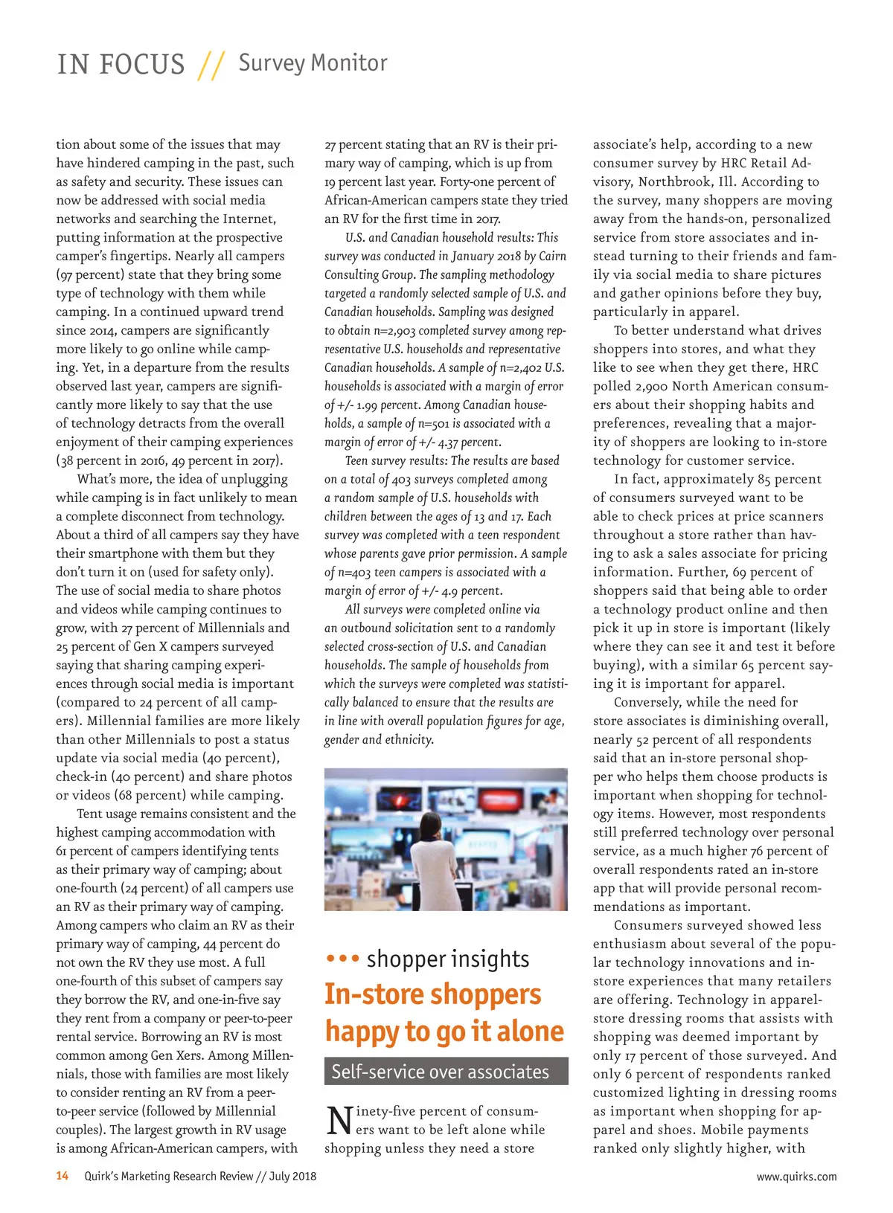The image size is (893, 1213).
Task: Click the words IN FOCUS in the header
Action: pos(121,65)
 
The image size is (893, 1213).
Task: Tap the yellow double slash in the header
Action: pos(211,65)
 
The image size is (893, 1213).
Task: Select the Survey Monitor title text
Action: pos(313,63)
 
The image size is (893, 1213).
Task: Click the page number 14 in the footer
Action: pos(63,1176)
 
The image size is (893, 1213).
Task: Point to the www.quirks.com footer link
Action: pos(796,1177)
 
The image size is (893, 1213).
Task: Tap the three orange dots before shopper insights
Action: pos(342,959)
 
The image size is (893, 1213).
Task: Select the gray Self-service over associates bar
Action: pos(446,1072)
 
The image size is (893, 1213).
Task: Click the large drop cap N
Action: pos(339,1122)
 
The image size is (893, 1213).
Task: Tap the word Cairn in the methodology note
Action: pos(552,256)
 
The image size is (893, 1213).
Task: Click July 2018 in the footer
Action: pos(292,1176)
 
